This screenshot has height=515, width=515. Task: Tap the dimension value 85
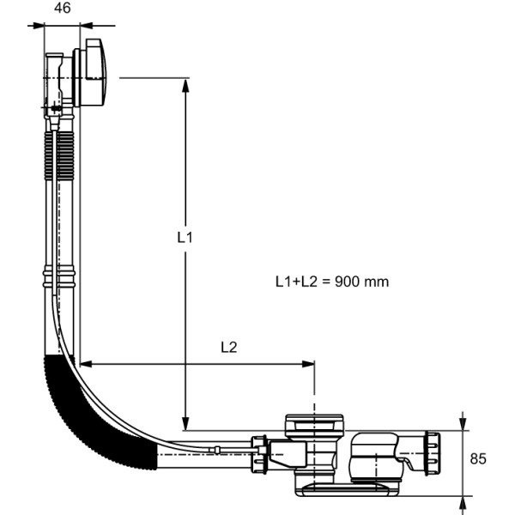[x=478, y=458]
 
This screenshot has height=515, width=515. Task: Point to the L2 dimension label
[x=228, y=347]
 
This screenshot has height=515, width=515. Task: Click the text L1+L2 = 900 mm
[x=331, y=281]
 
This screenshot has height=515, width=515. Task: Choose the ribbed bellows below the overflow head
[x=60, y=154]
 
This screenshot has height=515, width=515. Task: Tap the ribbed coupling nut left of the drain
[x=257, y=453]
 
